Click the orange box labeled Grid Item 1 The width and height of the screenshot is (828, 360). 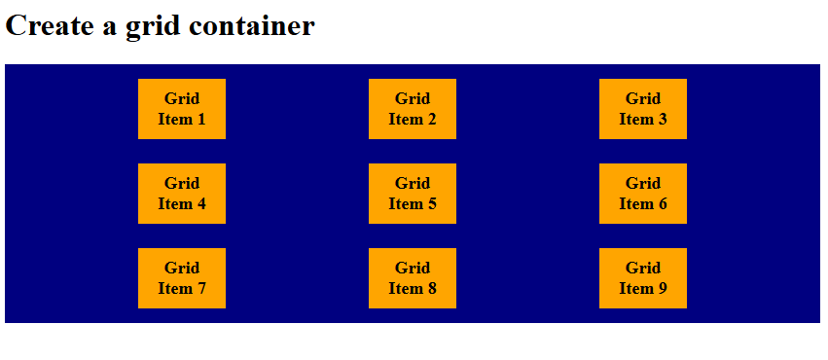coord(182,109)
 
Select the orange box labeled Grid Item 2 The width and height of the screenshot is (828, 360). coord(413,109)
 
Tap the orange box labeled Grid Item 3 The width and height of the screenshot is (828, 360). coord(643,109)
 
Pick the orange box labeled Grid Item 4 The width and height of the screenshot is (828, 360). coord(182,194)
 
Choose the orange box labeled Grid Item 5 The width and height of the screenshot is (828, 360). coord(413,194)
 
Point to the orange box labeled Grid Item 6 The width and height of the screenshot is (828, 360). coord(643,194)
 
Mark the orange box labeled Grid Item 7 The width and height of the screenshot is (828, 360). coord(182,278)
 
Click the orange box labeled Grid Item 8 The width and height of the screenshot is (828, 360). coord(413,278)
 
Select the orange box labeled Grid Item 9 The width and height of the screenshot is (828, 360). coord(643,278)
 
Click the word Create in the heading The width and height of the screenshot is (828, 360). coord(51,26)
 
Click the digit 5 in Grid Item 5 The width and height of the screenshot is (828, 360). coord(431,204)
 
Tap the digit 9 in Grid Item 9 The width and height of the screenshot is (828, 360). coord(662,289)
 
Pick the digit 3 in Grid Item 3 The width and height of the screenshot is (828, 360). coord(662,120)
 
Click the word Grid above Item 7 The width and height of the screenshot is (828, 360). coord(182,268)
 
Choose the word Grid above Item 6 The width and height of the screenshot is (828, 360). coord(643,183)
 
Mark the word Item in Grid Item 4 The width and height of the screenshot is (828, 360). coord(175,204)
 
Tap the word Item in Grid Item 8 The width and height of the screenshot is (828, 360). coord(406,289)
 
